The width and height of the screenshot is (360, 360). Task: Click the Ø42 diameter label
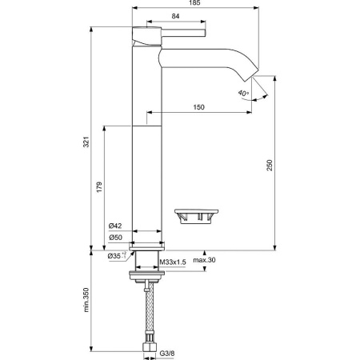tap(115, 226)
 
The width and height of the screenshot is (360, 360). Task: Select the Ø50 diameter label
tap(115, 238)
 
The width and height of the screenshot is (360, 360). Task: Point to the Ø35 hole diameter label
tap(117, 256)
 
